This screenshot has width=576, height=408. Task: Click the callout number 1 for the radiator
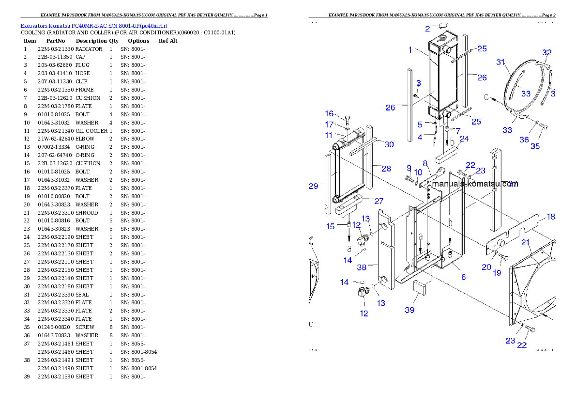pos(410,49)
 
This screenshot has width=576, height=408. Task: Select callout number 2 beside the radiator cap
pos(427,29)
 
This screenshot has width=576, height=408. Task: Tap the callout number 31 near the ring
pos(500,62)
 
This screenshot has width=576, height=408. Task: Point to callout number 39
pos(409,310)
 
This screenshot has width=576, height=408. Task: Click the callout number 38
pos(361,267)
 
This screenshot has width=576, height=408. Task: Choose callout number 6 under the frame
pos(463,277)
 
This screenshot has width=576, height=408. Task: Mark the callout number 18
pos(551,217)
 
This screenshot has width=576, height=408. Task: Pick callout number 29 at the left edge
pos(313,186)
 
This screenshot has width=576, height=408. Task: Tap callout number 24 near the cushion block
pos(464,139)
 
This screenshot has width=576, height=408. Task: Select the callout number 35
pos(535,146)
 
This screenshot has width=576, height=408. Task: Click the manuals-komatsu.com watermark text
pos(474,184)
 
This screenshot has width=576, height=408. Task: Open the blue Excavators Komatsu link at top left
pos(94,26)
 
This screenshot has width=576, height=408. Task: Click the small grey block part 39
pos(419,287)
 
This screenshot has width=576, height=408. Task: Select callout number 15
pos(330,226)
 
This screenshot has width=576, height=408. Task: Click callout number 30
pos(389,144)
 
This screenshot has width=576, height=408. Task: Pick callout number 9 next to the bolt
pos(409,168)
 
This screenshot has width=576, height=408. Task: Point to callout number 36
pos(524,140)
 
